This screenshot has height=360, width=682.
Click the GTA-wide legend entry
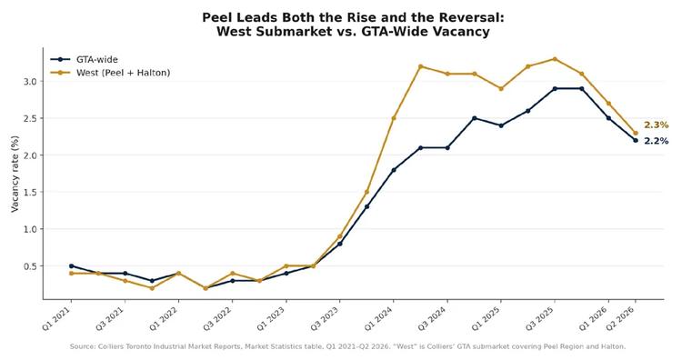(84, 60)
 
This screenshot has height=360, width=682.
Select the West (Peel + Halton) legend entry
(110, 73)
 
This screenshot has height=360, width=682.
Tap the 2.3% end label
(656, 125)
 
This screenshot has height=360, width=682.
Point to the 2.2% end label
(656, 141)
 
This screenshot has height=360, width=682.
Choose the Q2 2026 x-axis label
(622, 319)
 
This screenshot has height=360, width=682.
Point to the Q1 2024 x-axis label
(380, 319)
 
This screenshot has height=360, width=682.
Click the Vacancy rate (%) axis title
(15, 174)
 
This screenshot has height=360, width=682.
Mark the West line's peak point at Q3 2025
(555, 59)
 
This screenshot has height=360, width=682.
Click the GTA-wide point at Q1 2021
(71, 265)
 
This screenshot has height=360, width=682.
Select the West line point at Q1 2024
(394, 118)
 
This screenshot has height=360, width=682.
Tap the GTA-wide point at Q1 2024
(394, 170)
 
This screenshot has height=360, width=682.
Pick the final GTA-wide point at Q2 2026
(636, 140)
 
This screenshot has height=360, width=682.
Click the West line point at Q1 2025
(501, 89)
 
